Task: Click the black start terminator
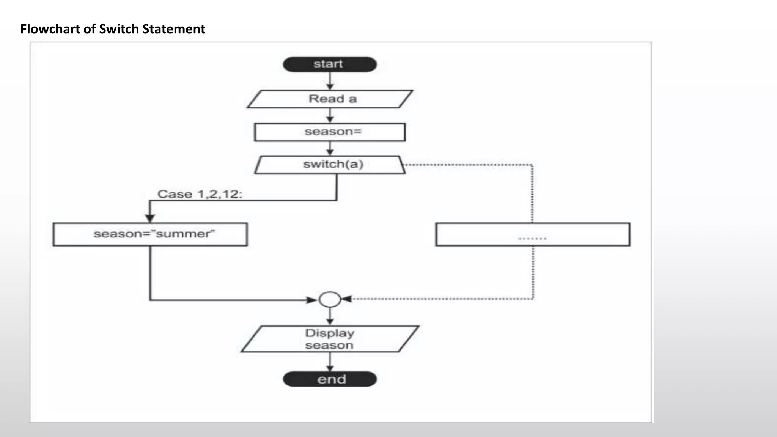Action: click(x=330, y=64)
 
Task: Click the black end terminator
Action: click(x=330, y=379)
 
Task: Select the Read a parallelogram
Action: click(x=330, y=99)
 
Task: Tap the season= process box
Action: click(x=330, y=132)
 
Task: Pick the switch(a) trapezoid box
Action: click(x=330, y=165)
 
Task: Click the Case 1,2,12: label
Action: click(x=200, y=194)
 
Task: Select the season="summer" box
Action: click(x=150, y=234)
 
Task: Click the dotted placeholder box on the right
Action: click(x=533, y=234)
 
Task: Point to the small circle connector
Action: click(x=330, y=299)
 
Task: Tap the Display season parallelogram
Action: click(x=330, y=339)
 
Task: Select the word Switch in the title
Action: click(x=119, y=29)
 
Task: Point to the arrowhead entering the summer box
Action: click(x=150, y=218)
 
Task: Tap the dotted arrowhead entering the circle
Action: click(x=346, y=299)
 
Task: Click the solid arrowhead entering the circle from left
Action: click(x=312, y=300)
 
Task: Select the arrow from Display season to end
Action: click(x=330, y=362)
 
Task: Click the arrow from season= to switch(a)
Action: click(x=330, y=148)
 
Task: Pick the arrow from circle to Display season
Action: click(x=330, y=316)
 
